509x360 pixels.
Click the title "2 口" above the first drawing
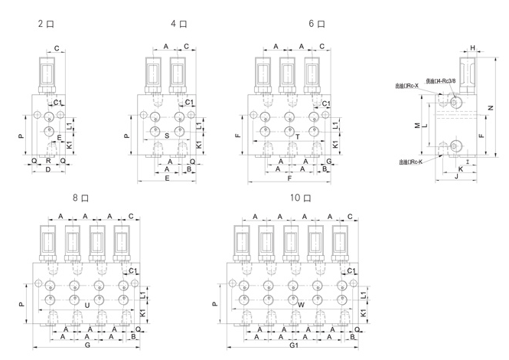point(44,24)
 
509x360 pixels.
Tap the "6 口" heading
point(316,24)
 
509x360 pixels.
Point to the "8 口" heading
point(80,198)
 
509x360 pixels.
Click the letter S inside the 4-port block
point(167,136)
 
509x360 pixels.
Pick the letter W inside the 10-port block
point(301,305)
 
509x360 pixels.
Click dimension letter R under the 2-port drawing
point(48,161)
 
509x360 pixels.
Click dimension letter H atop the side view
point(472,48)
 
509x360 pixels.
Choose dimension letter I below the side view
point(465,162)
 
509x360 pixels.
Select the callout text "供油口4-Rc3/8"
point(439,80)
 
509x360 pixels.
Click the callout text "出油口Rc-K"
point(415,162)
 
